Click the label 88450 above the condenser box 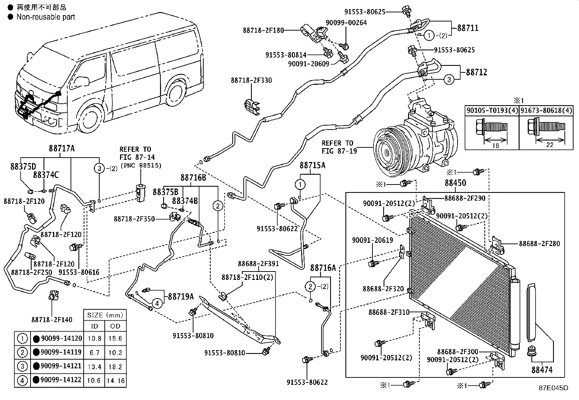tap(455, 183)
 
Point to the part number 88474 tap(542, 370)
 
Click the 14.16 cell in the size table tap(116, 381)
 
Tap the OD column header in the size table tap(115, 326)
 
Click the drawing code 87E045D tap(553, 388)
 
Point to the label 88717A tap(62, 148)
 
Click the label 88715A tap(312, 166)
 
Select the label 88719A tap(181, 296)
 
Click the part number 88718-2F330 tap(251, 80)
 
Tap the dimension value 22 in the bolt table tap(550, 144)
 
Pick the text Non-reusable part tap(46, 17)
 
